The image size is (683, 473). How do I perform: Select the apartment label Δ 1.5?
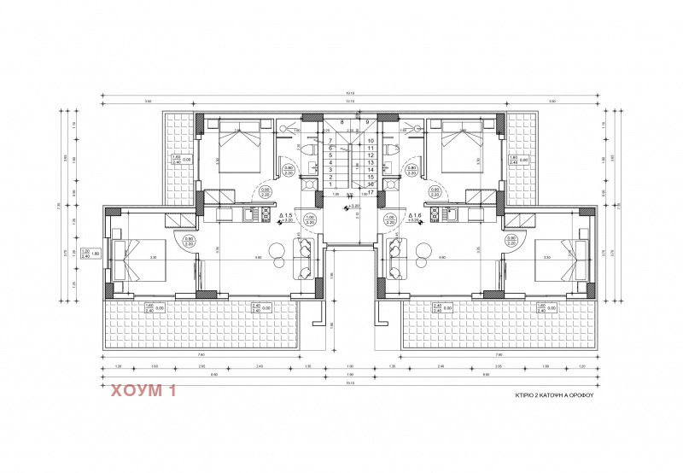pyautogui.click(x=287, y=216)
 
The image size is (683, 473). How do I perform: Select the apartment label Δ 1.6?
pyautogui.click(x=416, y=216)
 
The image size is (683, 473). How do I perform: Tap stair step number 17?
pyautogui.click(x=371, y=191)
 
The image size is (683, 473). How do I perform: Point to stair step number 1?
pyautogui.click(x=330, y=184)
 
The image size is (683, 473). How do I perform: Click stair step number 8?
pyautogui.click(x=342, y=122)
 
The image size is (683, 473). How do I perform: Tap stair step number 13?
pyautogui.click(x=371, y=162)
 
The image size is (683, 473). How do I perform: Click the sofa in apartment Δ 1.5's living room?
pyautogui.click(x=304, y=258)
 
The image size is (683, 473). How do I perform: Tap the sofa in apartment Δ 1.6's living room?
pyautogui.click(x=396, y=258)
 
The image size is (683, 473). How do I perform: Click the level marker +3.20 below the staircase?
pyautogui.click(x=351, y=206)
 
